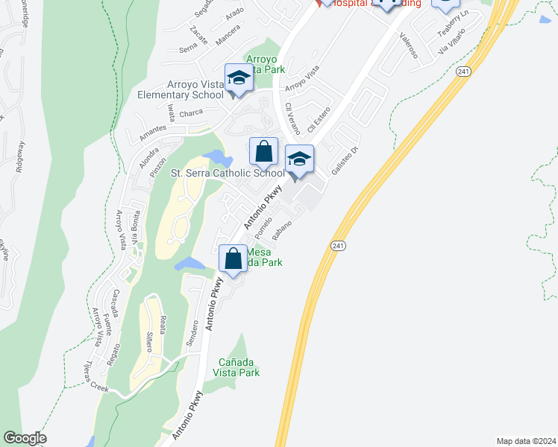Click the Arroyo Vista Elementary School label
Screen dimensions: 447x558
pos(181,89)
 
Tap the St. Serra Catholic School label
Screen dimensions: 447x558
pos(228,174)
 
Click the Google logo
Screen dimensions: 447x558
pos(25,438)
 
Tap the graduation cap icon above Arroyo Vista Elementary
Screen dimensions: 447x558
pos(239,77)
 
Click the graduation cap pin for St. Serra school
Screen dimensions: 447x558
pos(299,159)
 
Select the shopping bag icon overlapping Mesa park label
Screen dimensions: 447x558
pos(233,259)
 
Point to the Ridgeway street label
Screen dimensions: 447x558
pos(20,156)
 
